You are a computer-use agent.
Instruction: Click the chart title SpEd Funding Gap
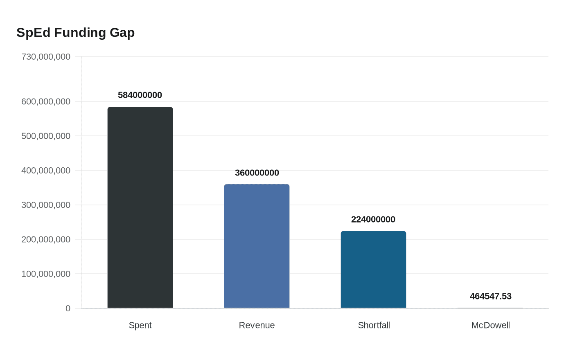click(76, 32)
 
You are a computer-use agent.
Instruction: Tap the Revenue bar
click(257, 246)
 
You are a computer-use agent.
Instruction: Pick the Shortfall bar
click(373, 270)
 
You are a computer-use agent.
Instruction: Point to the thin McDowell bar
click(490, 308)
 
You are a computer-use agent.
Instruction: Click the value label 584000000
click(140, 95)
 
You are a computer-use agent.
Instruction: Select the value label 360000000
click(257, 173)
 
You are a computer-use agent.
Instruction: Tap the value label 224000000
click(373, 219)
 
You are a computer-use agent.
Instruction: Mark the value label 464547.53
click(490, 296)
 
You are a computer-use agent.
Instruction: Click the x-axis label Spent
click(140, 325)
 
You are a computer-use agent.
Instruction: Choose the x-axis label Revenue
click(257, 325)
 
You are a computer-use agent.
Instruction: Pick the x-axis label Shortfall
click(374, 325)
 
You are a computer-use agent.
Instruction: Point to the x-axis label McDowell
click(490, 325)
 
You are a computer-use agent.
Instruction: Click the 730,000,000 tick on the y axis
click(46, 56)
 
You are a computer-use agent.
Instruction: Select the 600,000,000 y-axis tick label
click(46, 101)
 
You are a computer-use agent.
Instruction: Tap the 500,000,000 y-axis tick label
click(46, 136)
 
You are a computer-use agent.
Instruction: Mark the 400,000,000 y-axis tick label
click(46, 170)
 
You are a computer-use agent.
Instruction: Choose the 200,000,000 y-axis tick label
click(46, 239)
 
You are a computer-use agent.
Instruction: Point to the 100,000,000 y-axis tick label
click(46, 274)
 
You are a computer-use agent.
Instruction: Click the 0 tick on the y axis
click(68, 308)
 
